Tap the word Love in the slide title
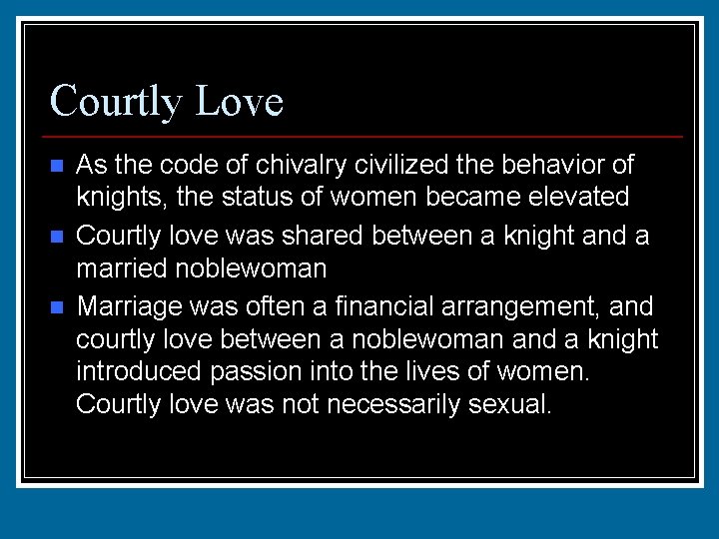tap(241, 101)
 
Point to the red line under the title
tap(365, 136)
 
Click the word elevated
tap(582, 198)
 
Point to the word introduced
tap(140, 373)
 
